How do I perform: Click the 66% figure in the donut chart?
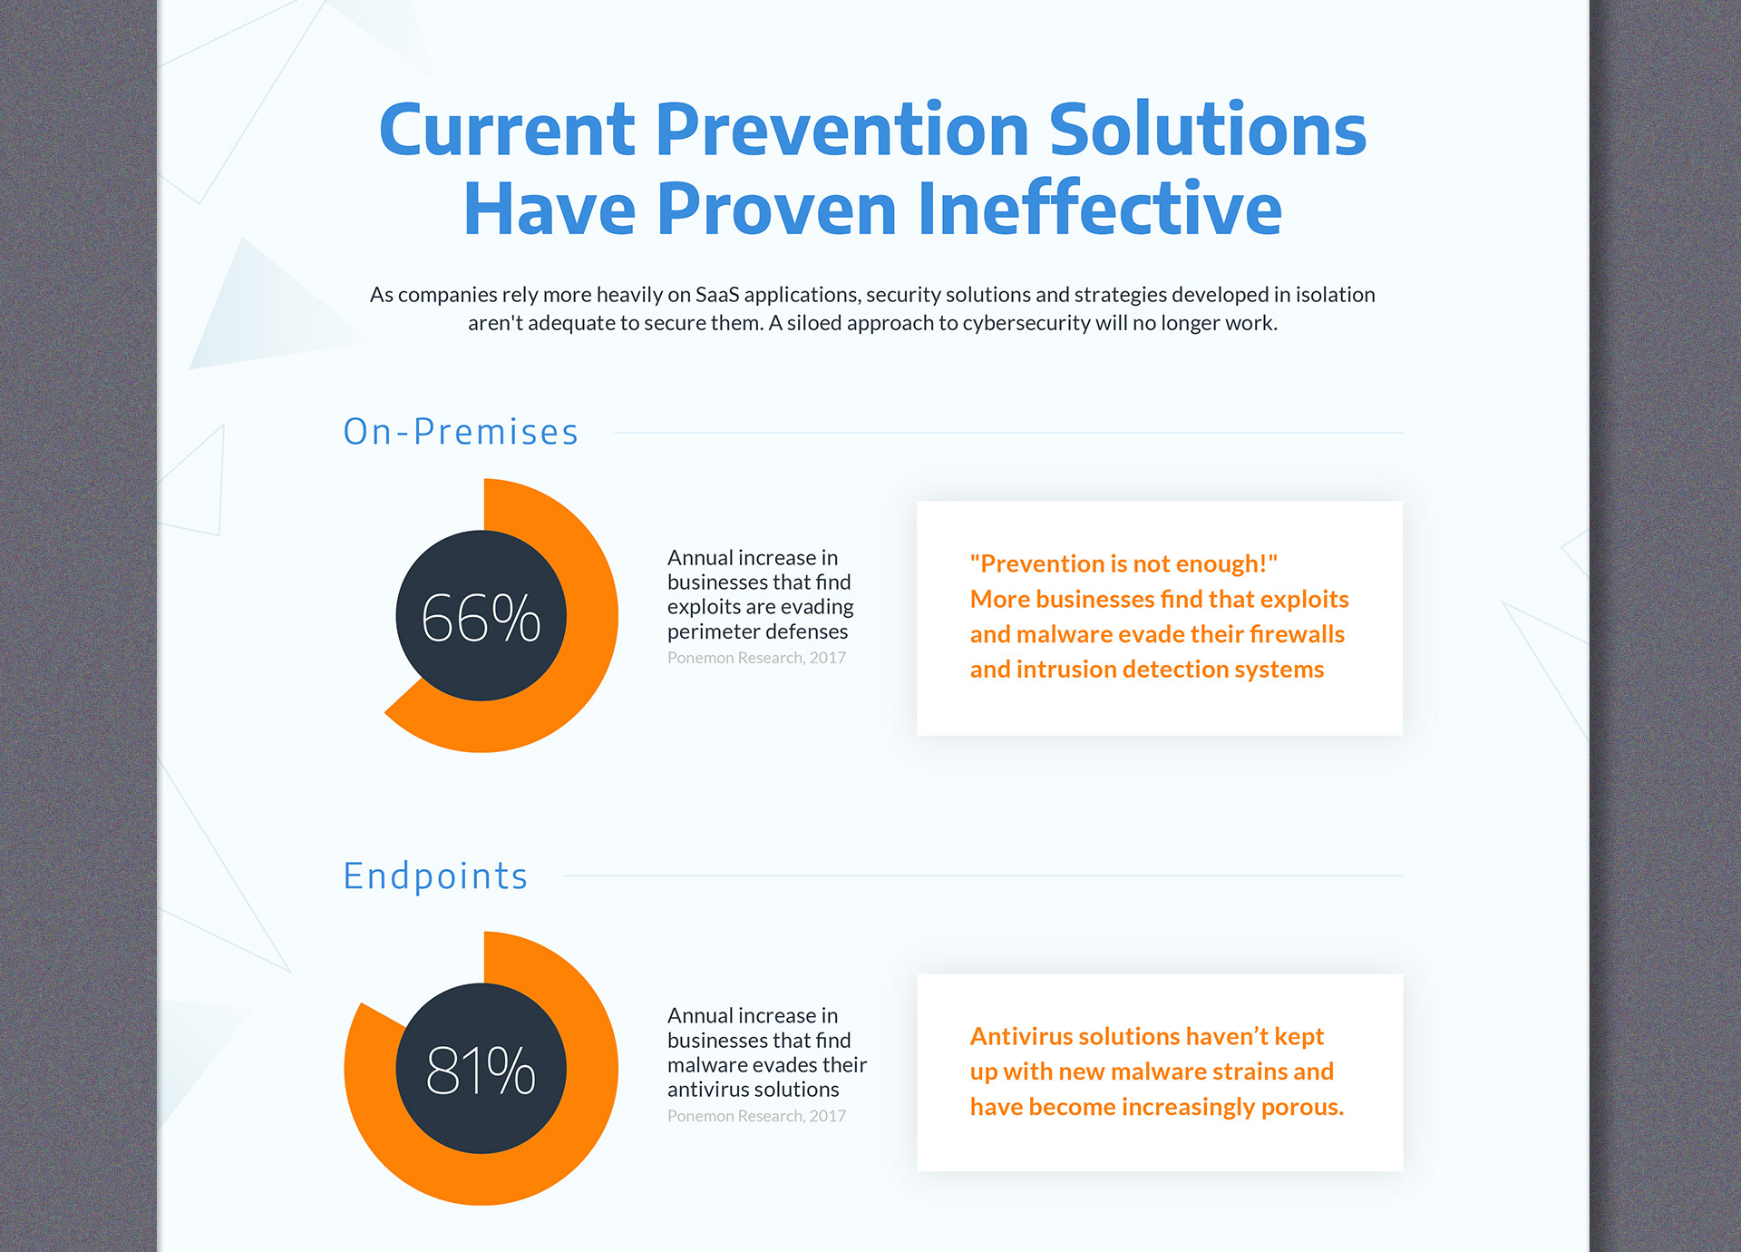[481, 618]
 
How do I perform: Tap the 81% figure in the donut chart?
[481, 1070]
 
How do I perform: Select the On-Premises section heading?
[461, 432]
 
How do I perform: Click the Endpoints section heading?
[435, 876]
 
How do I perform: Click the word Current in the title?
[507, 130]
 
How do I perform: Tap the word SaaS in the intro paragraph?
[717, 295]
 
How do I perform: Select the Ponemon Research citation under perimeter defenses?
[756, 658]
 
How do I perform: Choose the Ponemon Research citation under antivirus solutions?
[756, 1116]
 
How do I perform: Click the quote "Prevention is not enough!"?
[1123, 564]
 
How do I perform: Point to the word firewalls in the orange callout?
[1297, 634]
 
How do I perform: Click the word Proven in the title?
[776, 209]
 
